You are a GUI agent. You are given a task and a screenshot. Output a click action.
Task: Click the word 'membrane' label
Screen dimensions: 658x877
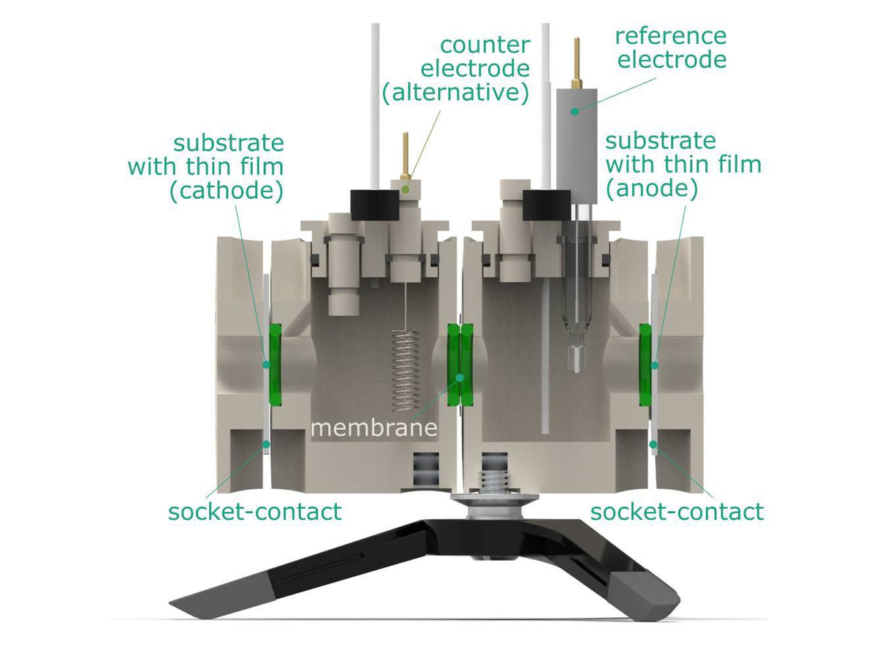[x=373, y=426]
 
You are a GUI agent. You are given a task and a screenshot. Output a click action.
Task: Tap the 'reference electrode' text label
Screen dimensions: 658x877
[x=671, y=48]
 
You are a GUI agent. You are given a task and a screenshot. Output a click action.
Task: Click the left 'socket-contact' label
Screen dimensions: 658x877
[x=254, y=511]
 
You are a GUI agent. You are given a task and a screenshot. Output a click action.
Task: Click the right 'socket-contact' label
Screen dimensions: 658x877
[x=676, y=511]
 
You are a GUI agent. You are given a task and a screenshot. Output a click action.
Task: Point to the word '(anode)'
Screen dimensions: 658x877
[x=652, y=189]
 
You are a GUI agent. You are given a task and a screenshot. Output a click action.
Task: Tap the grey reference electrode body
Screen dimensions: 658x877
[x=577, y=132]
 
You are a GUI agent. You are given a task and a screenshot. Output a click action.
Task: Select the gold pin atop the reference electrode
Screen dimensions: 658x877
[x=577, y=63]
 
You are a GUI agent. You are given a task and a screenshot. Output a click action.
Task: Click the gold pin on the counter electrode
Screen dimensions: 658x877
[x=404, y=154]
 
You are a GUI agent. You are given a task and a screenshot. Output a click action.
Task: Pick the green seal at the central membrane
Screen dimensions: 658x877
[x=460, y=365]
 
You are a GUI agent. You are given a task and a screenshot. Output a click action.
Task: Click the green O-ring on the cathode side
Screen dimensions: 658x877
[x=275, y=365]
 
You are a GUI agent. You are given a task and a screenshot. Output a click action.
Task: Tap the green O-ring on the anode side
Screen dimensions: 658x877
[x=646, y=365]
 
